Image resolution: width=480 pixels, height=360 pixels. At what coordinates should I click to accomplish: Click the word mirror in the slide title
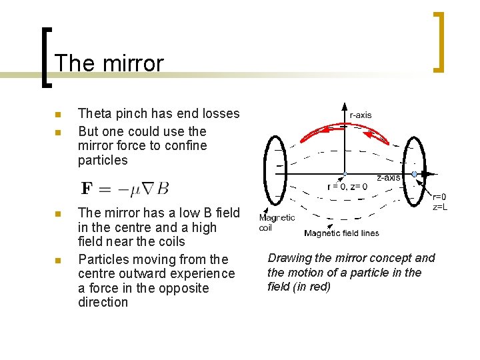pyautogui.click(x=133, y=63)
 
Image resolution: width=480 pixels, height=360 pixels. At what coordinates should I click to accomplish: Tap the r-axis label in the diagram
pyautogui.click(x=361, y=115)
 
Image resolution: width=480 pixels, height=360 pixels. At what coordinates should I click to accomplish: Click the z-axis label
pyautogui.click(x=388, y=177)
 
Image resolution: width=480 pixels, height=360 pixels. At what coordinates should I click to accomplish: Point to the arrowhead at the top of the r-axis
pyautogui.click(x=344, y=106)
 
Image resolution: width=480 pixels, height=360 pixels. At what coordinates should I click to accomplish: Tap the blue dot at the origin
pyautogui.click(x=344, y=174)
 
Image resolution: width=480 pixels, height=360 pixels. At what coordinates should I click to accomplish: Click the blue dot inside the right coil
pyautogui.click(x=414, y=174)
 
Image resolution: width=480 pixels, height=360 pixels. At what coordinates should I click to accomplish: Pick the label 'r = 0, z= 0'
pyautogui.click(x=347, y=187)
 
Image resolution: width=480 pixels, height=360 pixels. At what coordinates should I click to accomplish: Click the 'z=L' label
pyautogui.click(x=439, y=207)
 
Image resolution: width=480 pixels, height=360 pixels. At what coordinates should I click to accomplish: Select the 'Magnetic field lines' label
pyautogui.click(x=341, y=233)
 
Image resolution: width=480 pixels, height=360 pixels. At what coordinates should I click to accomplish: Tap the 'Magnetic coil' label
pyautogui.click(x=277, y=223)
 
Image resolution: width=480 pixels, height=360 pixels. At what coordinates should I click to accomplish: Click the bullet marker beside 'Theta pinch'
pyautogui.click(x=58, y=115)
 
